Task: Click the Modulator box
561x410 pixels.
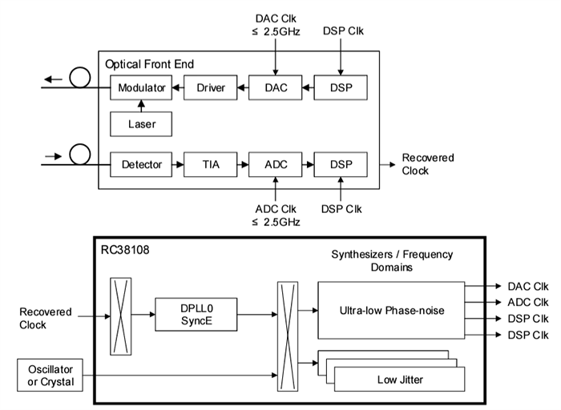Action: [141, 86]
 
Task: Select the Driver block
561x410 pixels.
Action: [211, 86]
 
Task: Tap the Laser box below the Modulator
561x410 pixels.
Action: [141, 124]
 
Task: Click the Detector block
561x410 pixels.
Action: [141, 165]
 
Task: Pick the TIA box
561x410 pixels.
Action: [211, 165]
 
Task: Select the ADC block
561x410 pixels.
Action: [275, 165]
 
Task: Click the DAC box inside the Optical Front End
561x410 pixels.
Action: [275, 86]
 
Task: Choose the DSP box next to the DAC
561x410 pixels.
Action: [341, 86]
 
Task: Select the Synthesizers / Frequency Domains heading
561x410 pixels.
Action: [392, 260]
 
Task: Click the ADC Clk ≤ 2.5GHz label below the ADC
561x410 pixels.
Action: [275, 215]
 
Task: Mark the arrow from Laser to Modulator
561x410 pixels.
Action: [141, 104]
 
